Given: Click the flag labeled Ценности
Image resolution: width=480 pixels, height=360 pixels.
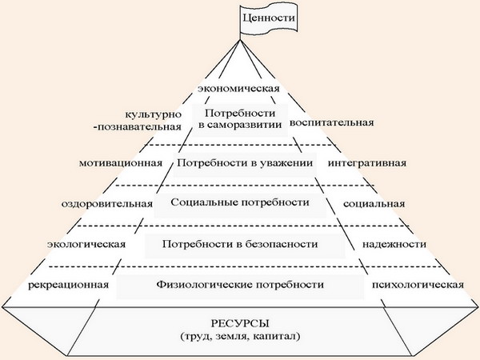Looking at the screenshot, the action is point(269,18).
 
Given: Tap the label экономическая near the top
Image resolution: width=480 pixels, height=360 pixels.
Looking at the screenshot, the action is point(238,89).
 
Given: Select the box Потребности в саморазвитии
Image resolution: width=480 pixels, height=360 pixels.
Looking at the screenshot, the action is point(240,119).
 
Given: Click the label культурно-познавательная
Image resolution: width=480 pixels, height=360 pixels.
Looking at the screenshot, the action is point(138,121).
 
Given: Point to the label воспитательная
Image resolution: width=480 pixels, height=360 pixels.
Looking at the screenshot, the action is point(332,122).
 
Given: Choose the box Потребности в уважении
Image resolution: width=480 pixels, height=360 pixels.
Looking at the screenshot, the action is point(245,163).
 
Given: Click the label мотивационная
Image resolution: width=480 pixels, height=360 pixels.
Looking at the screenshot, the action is point(121,163).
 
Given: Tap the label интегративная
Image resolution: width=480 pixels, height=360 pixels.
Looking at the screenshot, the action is point(367,163).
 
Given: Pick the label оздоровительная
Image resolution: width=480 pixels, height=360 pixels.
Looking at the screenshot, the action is point(107,204).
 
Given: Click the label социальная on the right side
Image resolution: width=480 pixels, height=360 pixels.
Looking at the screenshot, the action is point(374,204).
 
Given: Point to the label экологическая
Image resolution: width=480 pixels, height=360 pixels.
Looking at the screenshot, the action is point(86,245).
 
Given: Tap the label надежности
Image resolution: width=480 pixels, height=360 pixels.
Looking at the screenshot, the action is point(394,245).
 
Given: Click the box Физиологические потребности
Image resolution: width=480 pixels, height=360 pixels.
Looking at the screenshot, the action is point(240,286).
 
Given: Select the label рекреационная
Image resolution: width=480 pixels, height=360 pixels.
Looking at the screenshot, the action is point(68,286).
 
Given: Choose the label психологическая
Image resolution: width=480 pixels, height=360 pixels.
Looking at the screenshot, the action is point(418,286).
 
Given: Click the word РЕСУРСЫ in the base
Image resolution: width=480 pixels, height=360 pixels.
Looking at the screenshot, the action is point(240,323).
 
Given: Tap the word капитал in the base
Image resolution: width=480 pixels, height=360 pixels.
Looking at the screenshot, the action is point(277,337).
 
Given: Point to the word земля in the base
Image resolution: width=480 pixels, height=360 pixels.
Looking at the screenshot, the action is point(232,337).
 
